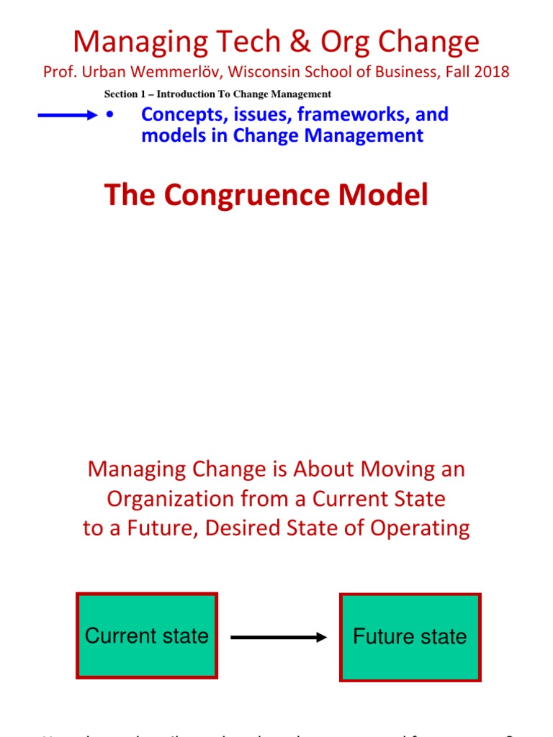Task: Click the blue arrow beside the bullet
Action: point(67,115)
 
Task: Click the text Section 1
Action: point(127,94)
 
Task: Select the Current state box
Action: point(147,636)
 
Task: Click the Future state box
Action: point(410,637)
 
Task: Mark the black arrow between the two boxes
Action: point(279,637)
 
